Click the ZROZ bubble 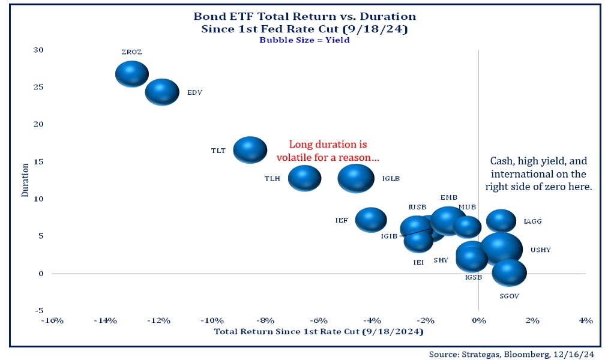point(131,74)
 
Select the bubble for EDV point(162,92)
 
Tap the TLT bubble point(250,149)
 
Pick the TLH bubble point(305,178)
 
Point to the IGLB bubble point(356,178)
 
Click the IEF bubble point(371,220)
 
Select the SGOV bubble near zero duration point(509,273)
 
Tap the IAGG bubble point(501,221)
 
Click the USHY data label point(540,250)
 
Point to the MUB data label point(467,207)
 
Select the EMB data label point(448,197)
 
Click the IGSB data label point(474,278)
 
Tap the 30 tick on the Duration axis point(38,50)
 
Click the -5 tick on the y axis point(40,310)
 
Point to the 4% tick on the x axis point(585,321)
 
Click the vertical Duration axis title point(26,179)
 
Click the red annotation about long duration point(328,151)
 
